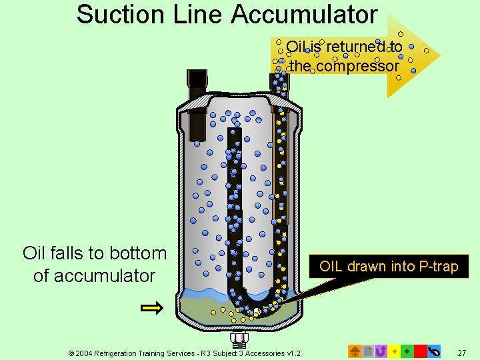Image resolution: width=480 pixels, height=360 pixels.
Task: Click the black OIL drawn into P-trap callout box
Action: (389, 267)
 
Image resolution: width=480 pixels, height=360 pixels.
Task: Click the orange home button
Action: (355, 351)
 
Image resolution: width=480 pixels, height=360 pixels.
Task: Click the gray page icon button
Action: (368, 351)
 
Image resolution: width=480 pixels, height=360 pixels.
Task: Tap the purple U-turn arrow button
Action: (381, 351)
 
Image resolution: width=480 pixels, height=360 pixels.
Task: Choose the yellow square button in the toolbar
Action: (394, 351)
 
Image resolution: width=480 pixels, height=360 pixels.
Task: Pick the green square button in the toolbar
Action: (407, 351)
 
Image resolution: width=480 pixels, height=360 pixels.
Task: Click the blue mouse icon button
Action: (433, 351)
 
